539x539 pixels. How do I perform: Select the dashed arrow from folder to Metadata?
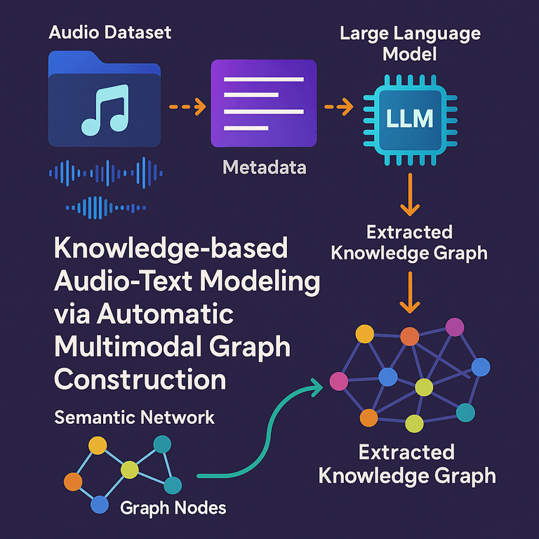click(187, 107)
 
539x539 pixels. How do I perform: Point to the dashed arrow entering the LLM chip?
click(338, 107)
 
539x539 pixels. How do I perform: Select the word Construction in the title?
click(140, 380)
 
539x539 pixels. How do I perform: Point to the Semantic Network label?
click(134, 418)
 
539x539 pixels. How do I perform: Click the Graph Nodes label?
click(173, 506)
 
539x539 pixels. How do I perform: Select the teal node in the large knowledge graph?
click(465, 413)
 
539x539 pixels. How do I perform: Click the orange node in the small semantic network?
click(73, 481)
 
